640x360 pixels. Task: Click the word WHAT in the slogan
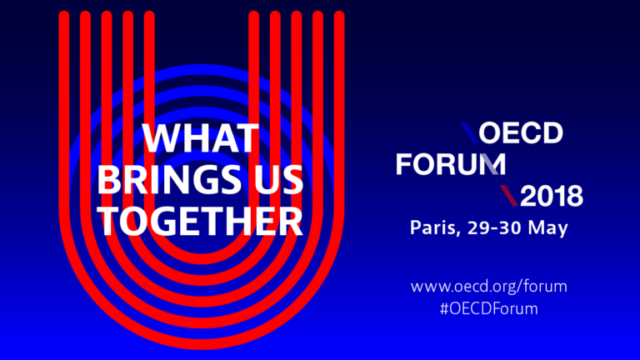[x=201, y=138]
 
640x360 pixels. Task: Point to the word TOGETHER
[x=200, y=221]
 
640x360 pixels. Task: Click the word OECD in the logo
[x=521, y=132]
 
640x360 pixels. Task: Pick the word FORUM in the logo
[x=451, y=164]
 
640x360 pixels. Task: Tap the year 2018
[x=552, y=196]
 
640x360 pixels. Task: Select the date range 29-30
[x=494, y=227]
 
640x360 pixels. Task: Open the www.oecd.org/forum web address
[x=488, y=287]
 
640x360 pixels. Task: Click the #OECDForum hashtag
[x=488, y=308]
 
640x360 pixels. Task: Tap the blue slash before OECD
[x=469, y=132]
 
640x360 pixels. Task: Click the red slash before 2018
[x=509, y=196]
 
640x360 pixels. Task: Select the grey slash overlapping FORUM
[x=488, y=164]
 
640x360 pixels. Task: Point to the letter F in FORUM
[x=403, y=164]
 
